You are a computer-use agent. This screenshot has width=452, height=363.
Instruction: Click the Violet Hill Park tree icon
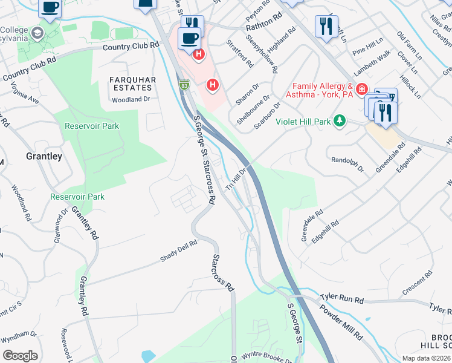340,121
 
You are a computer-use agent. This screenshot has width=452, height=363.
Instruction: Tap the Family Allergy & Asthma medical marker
361,90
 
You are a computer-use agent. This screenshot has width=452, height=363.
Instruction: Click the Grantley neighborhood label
44,156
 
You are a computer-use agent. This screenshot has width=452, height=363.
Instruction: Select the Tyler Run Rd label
342,299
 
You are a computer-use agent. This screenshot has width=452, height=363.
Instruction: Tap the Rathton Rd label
264,27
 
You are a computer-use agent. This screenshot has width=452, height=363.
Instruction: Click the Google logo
21,356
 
